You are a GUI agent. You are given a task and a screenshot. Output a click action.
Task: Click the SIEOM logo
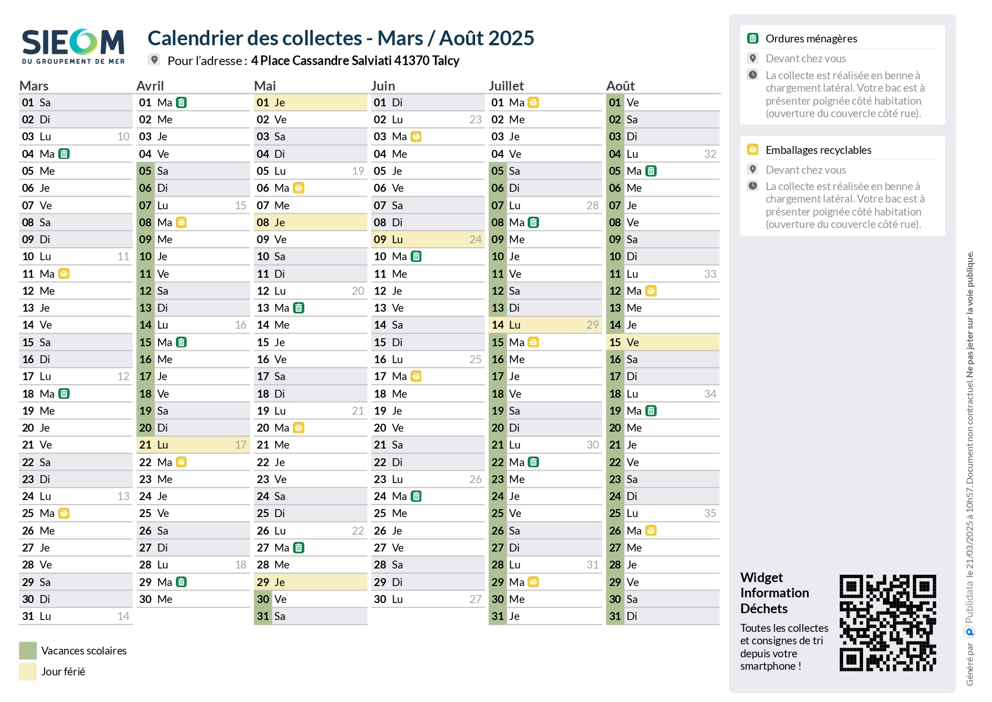click(x=73, y=46)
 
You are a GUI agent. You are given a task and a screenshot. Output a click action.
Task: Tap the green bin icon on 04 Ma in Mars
click(x=64, y=154)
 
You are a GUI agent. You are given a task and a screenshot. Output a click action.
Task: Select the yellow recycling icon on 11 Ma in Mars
click(x=64, y=274)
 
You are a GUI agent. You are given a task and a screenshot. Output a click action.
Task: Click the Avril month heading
click(x=150, y=86)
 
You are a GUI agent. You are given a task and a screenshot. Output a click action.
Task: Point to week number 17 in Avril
click(x=240, y=445)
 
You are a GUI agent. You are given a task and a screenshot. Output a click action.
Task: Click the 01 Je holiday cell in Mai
click(x=310, y=102)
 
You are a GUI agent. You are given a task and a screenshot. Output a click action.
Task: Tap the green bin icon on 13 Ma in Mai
click(x=299, y=308)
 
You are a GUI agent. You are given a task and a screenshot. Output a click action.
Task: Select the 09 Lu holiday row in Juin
click(x=427, y=239)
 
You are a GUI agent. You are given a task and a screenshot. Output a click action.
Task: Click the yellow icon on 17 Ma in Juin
click(x=416, y=376)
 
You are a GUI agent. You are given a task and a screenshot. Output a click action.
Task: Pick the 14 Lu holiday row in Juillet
click(x=545, y=325)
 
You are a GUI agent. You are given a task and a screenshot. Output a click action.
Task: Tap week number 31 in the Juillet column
click(x=592, y=565)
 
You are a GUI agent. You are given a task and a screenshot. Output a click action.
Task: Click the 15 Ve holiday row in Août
click(x=662, y=342)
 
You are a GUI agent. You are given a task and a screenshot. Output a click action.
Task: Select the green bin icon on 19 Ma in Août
click(x=651, y=411)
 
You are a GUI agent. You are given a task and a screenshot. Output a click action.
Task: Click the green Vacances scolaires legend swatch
click(x=28, y=651)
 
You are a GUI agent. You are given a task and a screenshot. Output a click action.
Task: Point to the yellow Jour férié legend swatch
click(x=28, y=671)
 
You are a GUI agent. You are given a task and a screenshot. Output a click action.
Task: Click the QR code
click(x=887, y=623)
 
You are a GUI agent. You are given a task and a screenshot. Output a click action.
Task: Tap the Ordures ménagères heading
click(x=811, y=38)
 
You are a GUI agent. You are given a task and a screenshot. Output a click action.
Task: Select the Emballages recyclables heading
click(x=818, y=150)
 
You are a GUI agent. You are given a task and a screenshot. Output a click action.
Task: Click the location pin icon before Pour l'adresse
click(x=154, y=59)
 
